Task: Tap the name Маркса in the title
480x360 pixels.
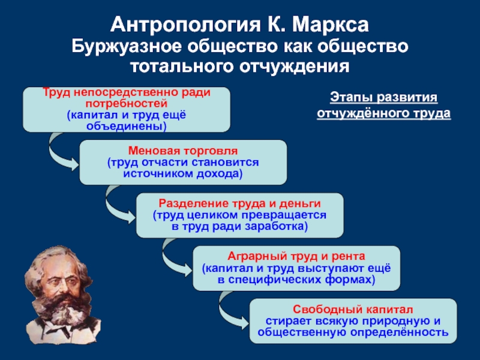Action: click(331, 25)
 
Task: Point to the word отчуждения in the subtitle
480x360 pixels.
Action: click(294, 66)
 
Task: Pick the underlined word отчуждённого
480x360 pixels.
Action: click(363, 113)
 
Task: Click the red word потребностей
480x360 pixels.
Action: click(127, 104)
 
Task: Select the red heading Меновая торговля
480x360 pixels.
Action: click(183, 151)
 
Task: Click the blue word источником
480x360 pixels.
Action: click(158, 173)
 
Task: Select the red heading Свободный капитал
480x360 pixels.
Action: click(353, 309)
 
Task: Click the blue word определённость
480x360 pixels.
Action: click(400, 332)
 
